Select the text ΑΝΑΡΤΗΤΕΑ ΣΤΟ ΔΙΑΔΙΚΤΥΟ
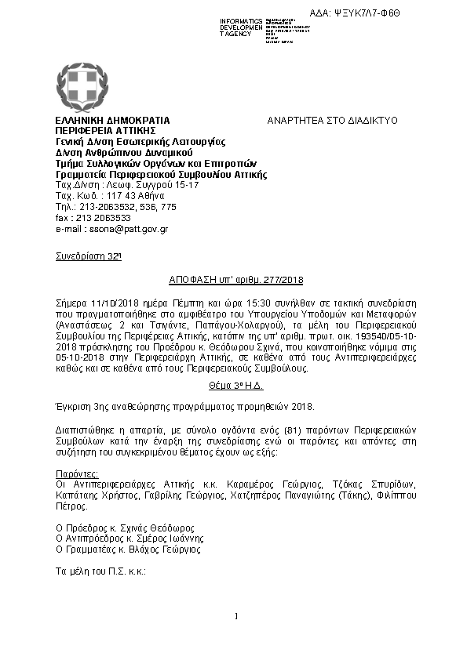[x=333, y=120]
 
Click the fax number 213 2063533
[x=104, y=218]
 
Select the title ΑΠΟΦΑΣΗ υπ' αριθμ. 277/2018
[x=236, y=280]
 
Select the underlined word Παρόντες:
[x=77, y=474]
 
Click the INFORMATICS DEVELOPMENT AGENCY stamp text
[x=242, y=27]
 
